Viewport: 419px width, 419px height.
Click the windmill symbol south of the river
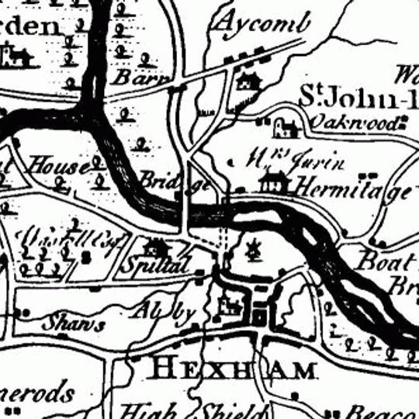(251, 250)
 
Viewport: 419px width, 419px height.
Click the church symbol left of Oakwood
(282, 126)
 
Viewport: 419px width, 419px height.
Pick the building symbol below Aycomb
(248, 79)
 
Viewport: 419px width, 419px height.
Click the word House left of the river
(54, 165)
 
